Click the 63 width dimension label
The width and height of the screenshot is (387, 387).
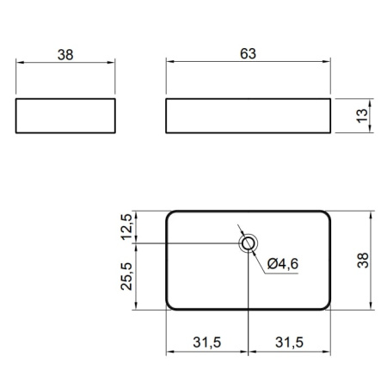(248, 54)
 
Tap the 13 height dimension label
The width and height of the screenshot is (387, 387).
(362, 116)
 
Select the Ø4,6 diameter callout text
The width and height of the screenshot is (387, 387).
(283, 264)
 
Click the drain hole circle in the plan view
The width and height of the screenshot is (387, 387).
(249, 243)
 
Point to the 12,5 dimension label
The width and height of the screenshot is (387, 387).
(127, 227)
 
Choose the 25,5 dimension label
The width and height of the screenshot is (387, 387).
(127, 276)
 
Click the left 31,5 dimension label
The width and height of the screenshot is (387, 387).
(207, 342)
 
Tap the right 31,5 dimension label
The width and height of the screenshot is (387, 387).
(289, 342)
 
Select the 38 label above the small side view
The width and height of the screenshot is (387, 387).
(65, 55)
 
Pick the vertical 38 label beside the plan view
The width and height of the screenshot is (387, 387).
(363, 261)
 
